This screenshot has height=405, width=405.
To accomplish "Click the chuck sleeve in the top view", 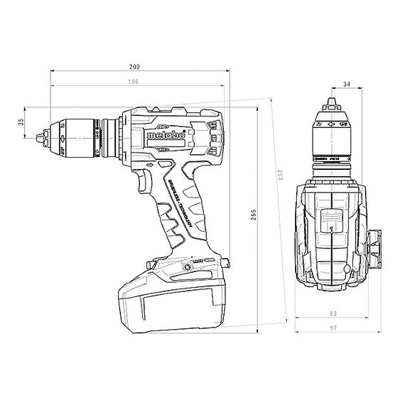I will (x=333, y=135).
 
